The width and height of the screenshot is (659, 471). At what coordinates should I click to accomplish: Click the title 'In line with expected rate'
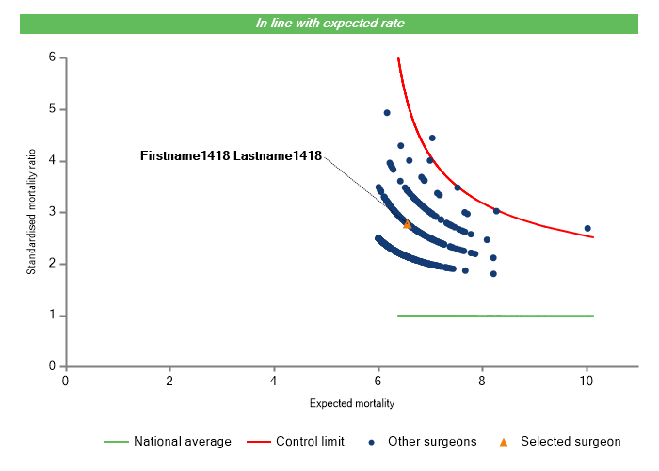tap(329, 24)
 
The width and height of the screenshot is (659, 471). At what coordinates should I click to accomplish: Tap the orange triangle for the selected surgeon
tap(407, 224)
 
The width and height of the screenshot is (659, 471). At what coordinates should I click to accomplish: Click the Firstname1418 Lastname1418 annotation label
tap(231, 155)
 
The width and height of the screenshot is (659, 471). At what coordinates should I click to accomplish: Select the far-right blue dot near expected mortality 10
tap(587, 228)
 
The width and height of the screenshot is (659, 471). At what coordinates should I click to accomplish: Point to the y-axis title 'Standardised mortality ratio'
tap(31, 212)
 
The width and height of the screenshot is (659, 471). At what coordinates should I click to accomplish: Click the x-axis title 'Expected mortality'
tap(351, 403)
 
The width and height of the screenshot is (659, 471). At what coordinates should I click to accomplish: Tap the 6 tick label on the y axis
tap(52, 58)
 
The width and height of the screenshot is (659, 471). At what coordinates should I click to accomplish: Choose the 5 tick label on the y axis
tap(52, 109)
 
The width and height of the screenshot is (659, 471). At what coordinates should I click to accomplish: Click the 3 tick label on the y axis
tap(52, 212)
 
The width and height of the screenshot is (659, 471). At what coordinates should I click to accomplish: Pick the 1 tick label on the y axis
tap(52, 315)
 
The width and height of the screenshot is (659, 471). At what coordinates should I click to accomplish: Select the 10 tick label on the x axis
tap(586, 381)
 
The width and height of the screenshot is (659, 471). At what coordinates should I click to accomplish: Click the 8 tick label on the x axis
tap(482, 381)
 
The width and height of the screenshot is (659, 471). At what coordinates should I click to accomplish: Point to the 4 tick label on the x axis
tap(274, 381)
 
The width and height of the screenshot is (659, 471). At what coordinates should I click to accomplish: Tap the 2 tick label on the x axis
tap(169, 381)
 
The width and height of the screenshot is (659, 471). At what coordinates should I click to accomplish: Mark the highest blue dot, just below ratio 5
tap(387, 113)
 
